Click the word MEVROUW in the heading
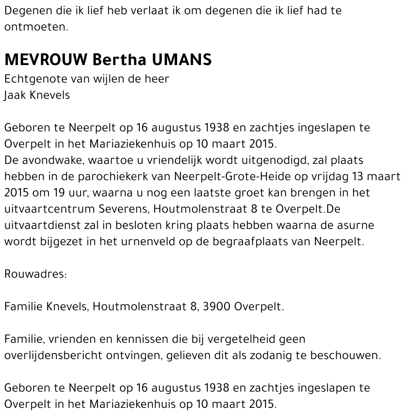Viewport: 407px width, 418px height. point(46,60)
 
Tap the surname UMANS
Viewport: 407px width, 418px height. point(182,60)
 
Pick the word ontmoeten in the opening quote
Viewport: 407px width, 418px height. point(35,27)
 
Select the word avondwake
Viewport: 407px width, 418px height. point(49,160)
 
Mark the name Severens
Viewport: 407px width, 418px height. point(124,209)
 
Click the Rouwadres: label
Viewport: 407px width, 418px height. point(35,274)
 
